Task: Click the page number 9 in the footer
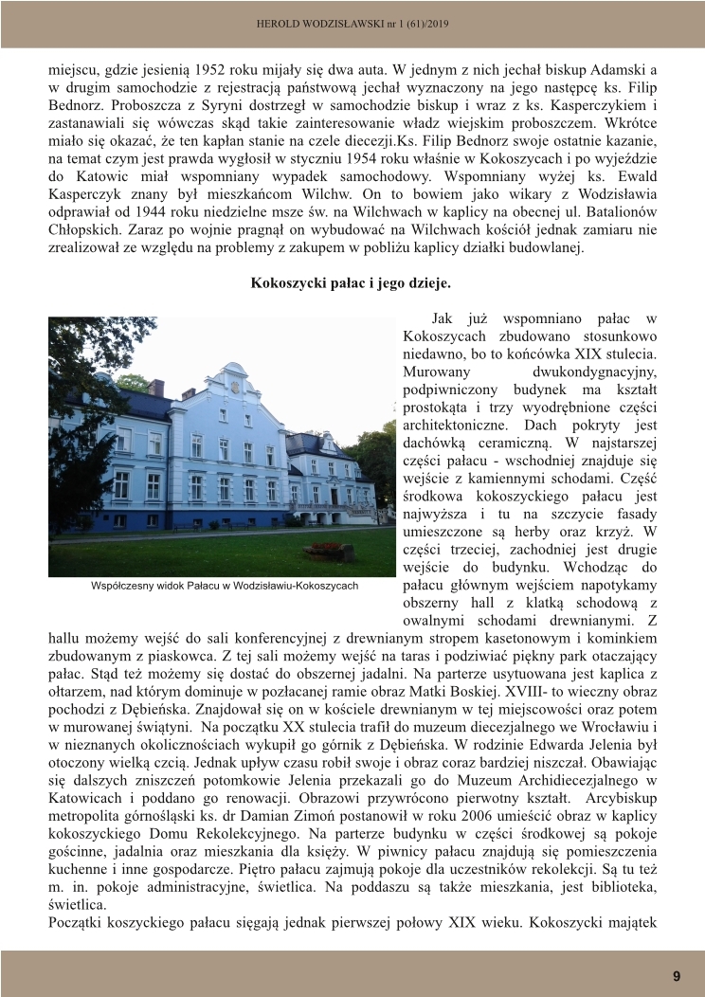click(x=677, y=976)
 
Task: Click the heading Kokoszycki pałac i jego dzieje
click(x=352, y=282)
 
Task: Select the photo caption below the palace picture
click(x=225, y=586)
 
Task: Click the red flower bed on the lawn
click(x=326, y=549)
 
